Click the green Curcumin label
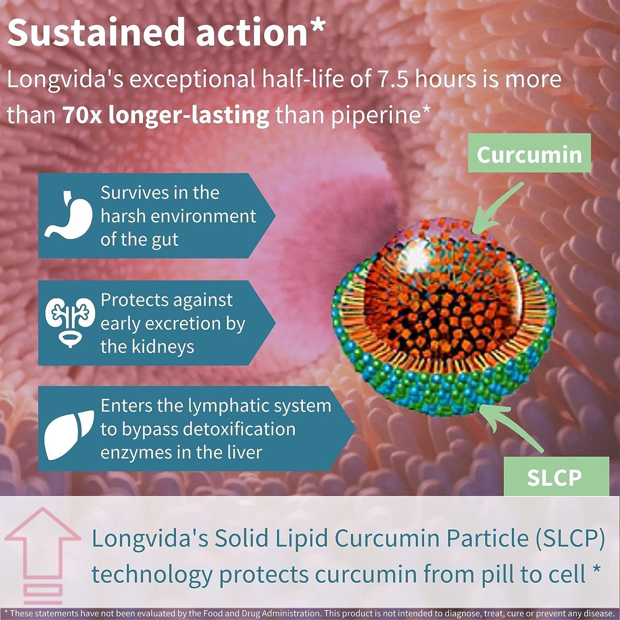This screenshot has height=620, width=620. pyautogui.click(x=529, y=154)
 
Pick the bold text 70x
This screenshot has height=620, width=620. pyautogui.click(x=82, y=115)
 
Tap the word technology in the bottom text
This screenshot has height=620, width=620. pyautogui.click(x=151, y=575)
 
